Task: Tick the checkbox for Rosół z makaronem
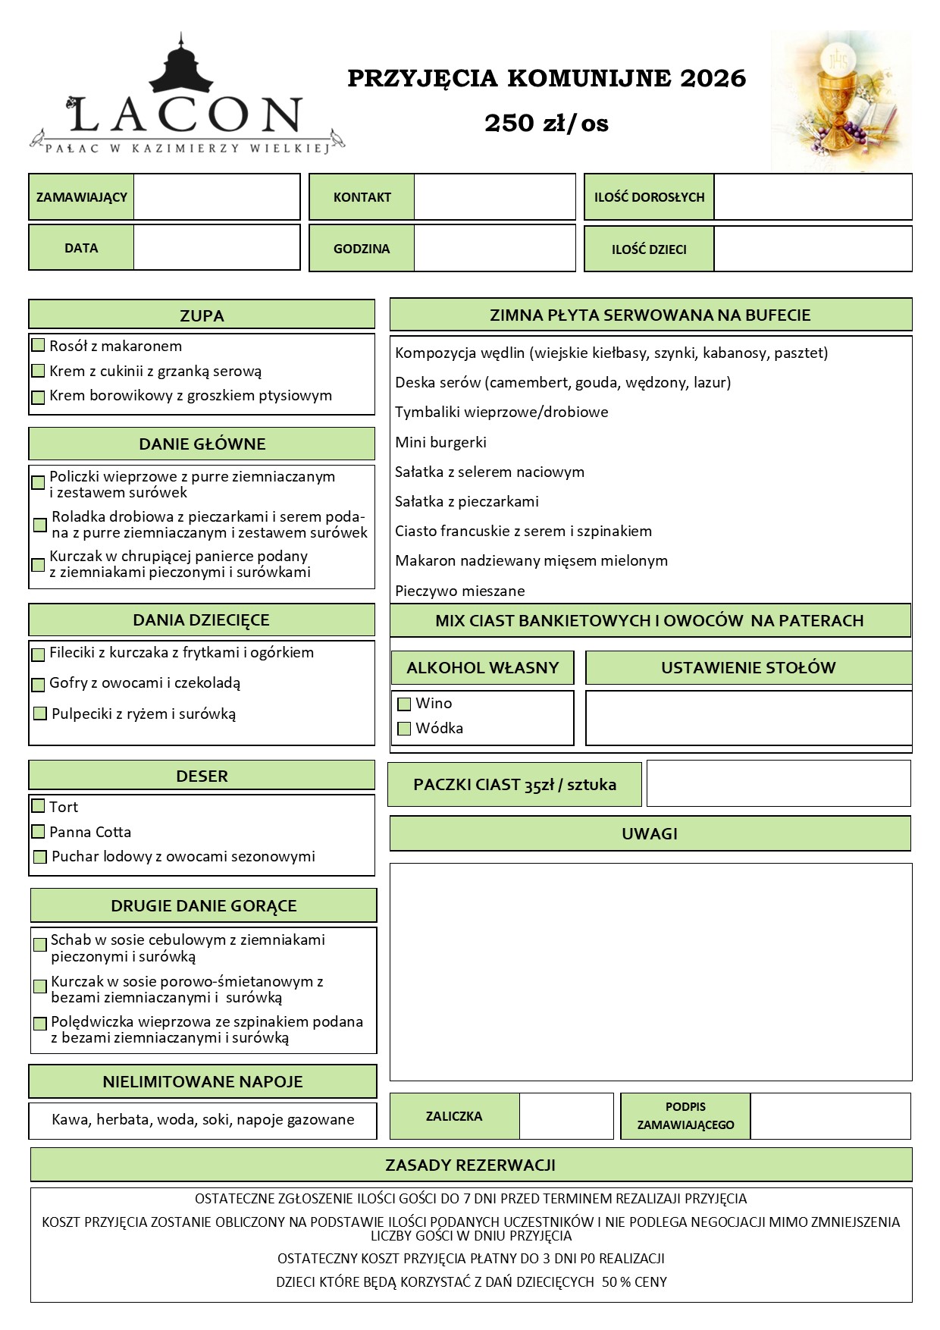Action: tap(38, 346)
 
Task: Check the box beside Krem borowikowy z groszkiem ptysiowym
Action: tap(38, 397)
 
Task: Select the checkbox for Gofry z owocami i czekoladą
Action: tap(38, 685)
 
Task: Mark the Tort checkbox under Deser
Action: tap(38, 805)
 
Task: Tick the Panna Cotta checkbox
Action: tap(38, 832)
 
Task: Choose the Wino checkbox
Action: tap(404, 704)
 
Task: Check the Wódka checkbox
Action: tap(404, 729)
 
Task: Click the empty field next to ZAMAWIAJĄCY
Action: tap(216, 197)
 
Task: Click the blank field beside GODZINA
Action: tap(494, 248)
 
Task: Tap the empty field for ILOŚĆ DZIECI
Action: tap(812, 249)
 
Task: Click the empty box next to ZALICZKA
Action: tap(566, 1116)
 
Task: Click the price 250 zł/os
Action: tap(547, 123)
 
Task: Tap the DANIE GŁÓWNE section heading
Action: tap(202, 444)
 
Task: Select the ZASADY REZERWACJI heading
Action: tap(471, 1165)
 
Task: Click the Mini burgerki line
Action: tap(440, 442)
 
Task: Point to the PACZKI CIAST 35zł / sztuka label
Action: tap(515, 785)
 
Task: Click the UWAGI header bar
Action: tap(650, 834)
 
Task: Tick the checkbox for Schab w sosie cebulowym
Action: tap(40, 946)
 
